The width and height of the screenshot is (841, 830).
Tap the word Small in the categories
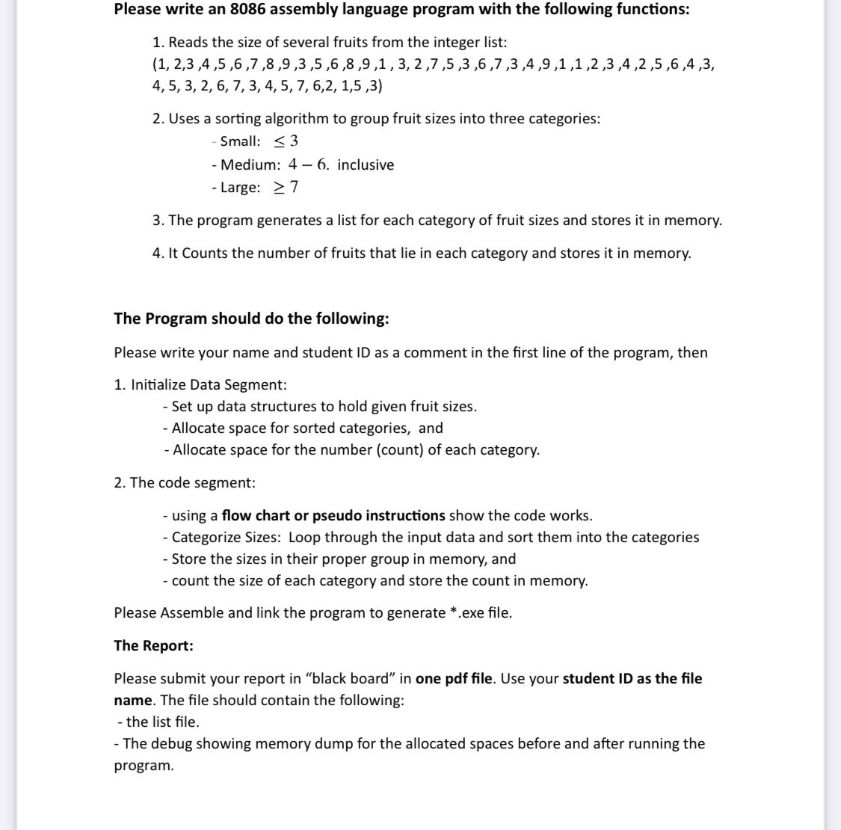240,141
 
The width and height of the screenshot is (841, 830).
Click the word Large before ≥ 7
240,187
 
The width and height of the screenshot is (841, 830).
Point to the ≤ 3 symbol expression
286,141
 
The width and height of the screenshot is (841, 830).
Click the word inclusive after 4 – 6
366,165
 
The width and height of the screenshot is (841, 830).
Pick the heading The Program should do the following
251,319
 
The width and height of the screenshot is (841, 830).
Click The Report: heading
153,645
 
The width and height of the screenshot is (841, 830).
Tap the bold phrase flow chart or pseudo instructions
333,515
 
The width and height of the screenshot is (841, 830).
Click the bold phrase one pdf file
454,678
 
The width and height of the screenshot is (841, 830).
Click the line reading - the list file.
158,722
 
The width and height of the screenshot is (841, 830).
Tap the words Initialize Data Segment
209,384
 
